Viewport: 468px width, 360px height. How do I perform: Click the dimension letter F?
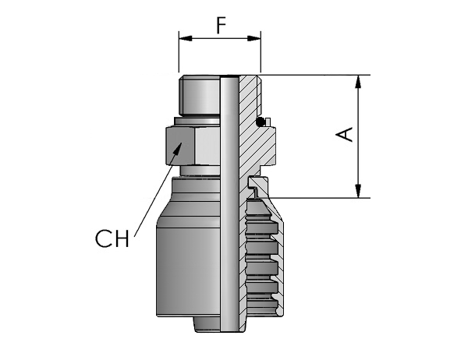[x=222, y=25]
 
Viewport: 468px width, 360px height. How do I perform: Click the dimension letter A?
[x=345, y=134]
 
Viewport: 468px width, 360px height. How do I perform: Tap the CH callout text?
[x=112, y=238]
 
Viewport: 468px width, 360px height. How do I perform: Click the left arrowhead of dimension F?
[x=186, y=38]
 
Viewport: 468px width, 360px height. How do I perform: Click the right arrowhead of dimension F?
[x=254, y=38]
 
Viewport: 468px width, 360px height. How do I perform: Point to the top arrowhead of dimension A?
[x=358, y=82]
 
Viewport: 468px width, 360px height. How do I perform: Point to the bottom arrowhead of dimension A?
[x=358, y=191]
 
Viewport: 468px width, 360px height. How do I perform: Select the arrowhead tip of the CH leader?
[x=182, y=143]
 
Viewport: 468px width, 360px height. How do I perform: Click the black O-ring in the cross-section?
[x=261, y=122]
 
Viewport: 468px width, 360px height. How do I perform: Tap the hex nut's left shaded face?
[x=180, y=146]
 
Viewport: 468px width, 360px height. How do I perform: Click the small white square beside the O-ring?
[x=268, y=122]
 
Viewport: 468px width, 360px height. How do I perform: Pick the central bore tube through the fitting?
[x=229, y=203]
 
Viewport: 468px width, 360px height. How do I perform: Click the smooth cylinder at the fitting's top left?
[x=200, y=95]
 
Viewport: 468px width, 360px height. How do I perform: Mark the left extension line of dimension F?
[x=179, y=51]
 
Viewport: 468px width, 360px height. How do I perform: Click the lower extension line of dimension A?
[x=319, y=198]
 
